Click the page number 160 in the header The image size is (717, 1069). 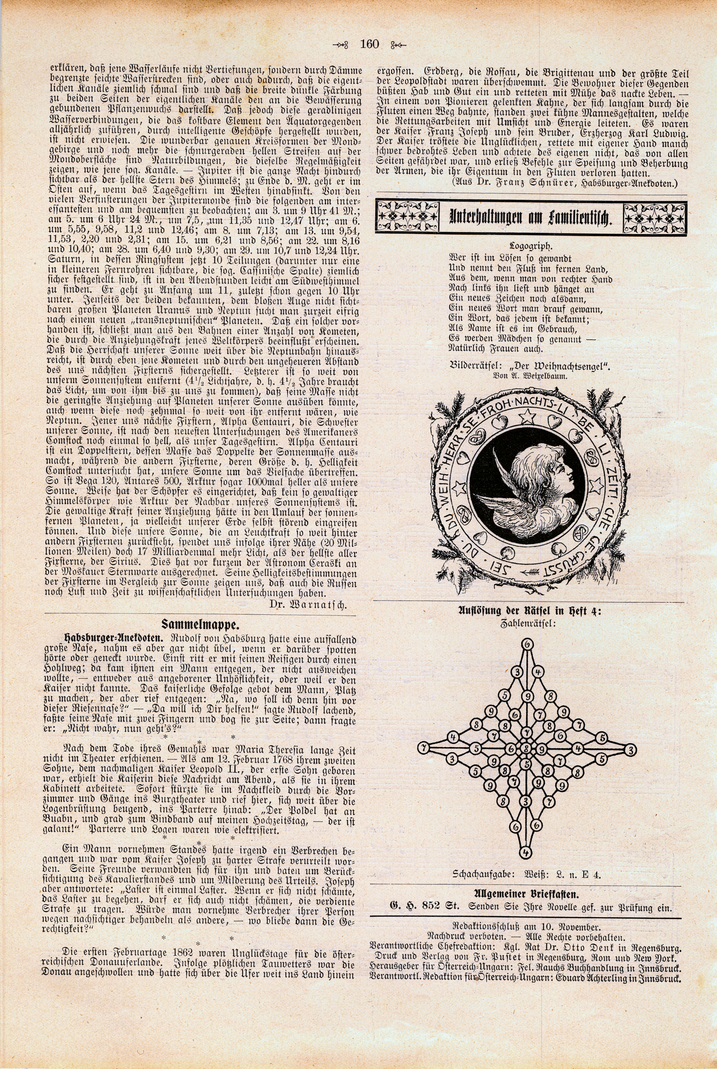coord(370,44)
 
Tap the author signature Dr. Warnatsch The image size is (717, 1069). coord(315,606)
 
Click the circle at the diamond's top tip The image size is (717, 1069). coord(527,644)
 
